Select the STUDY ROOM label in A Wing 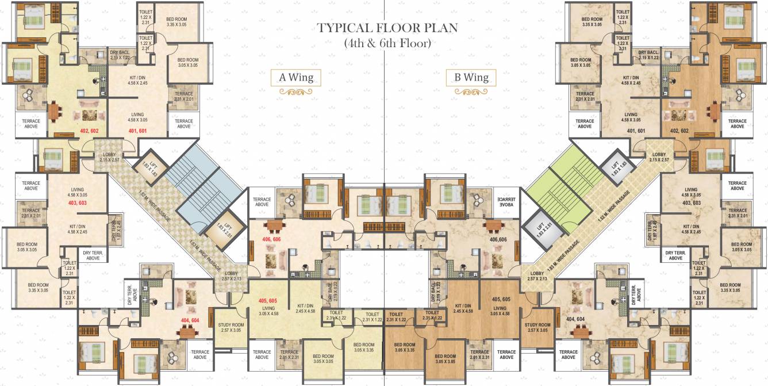[x=231, y=328]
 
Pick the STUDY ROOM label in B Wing [x=537, y=328]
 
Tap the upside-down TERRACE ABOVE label [x=506, y=200]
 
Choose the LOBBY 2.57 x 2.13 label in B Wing [x=537, y=276]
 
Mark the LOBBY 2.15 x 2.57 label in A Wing [x=110, y=157]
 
